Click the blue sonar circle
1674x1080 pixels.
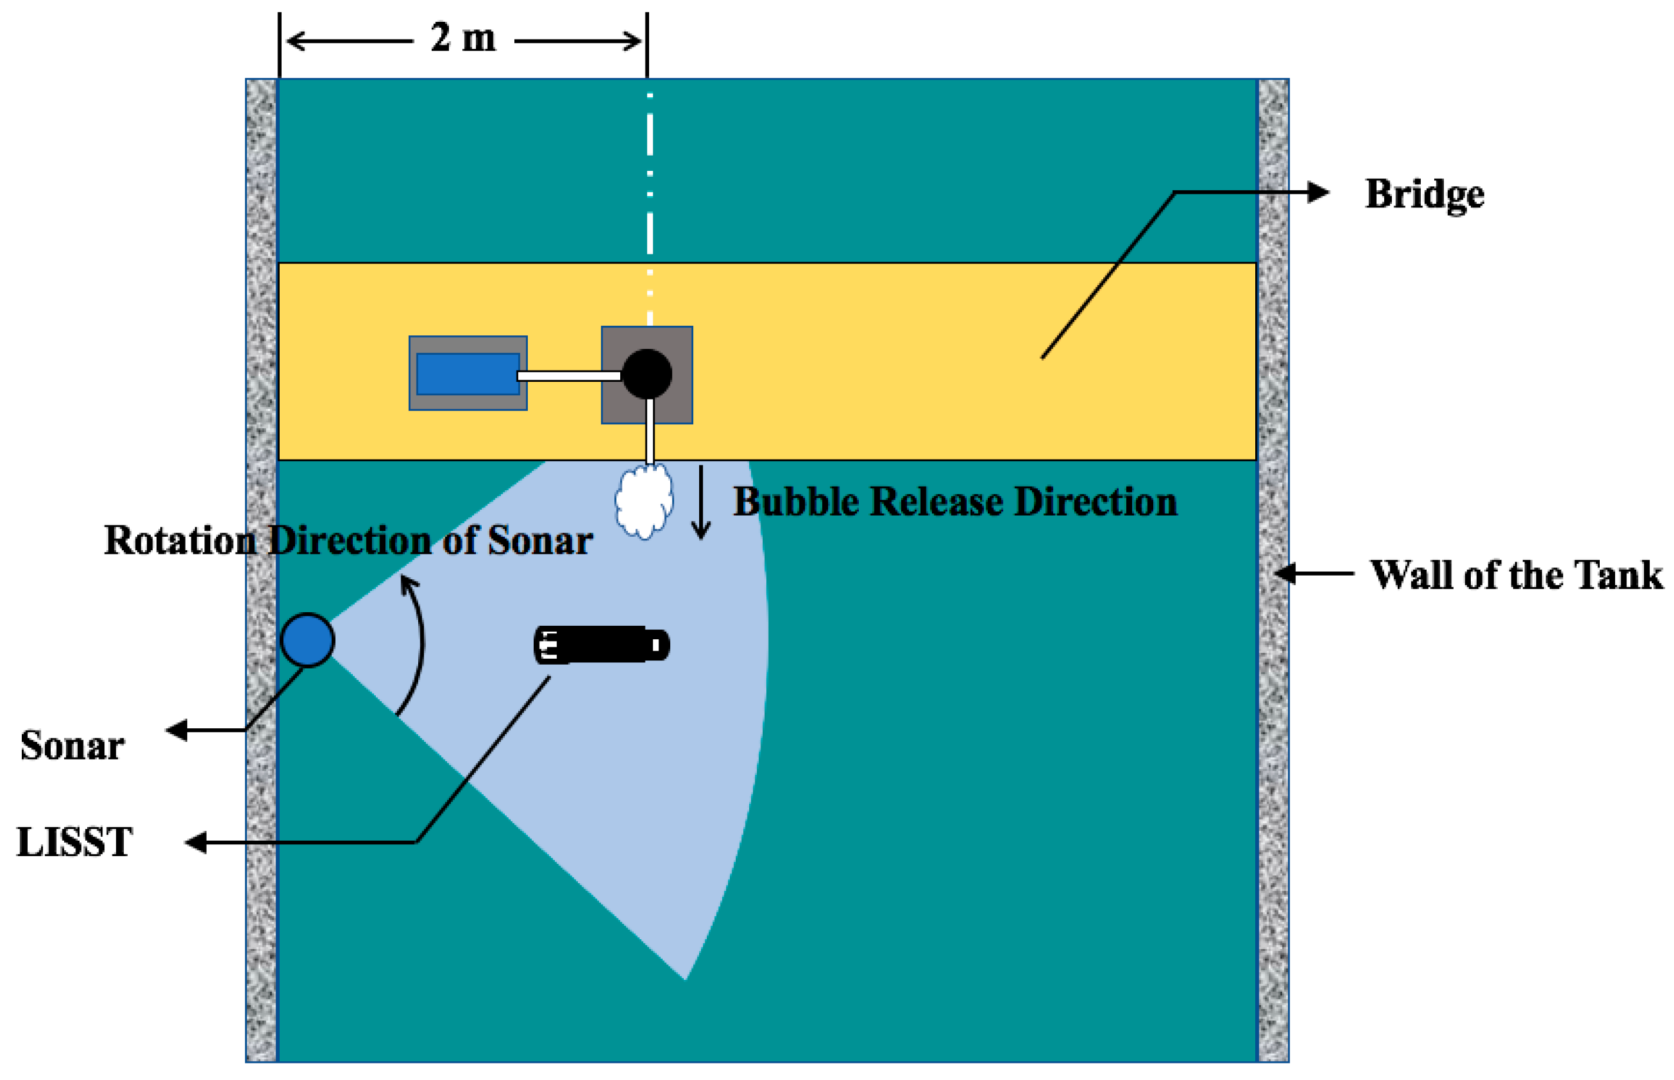pos(307,640)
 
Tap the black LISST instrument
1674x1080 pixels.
pos(601,645)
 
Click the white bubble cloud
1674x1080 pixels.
pos(644,501)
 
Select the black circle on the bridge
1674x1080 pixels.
pos(647,374)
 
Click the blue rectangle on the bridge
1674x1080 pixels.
pos(468,374)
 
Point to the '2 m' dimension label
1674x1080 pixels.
pos(462,38)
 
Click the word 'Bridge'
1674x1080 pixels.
pos(1424,194)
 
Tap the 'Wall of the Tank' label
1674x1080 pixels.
pos(1516,575)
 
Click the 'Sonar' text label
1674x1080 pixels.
pos(72,745)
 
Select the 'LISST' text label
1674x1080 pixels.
pos(74,841)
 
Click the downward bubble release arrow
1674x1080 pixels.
pos(700,505)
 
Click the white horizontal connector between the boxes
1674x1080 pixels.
pos(569,376)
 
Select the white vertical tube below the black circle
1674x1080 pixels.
pos(650,429)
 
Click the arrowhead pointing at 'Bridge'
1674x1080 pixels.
pos(1318,191)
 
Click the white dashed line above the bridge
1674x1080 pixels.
pos(650,176)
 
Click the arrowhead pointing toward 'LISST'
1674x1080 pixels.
pos(196,843)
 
